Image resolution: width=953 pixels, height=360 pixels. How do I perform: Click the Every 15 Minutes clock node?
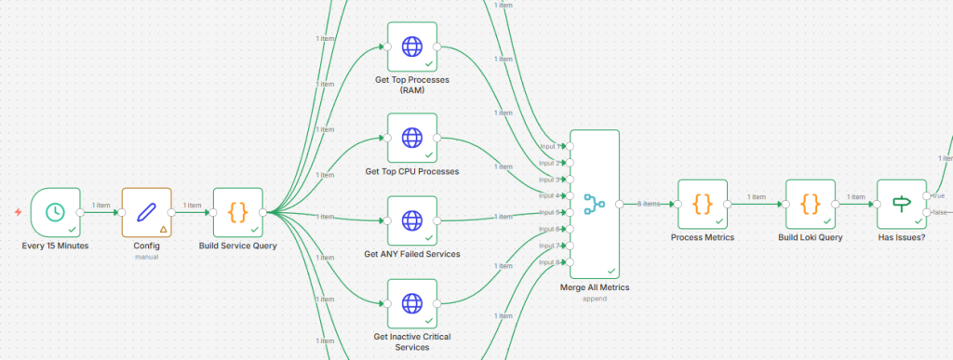pyautogui.click(x=55, y=212)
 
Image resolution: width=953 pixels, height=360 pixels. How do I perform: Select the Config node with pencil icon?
pyautogui.click(x=146, y=212)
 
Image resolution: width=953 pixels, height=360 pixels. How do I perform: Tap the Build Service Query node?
pyautogui.click(x=238, y=212)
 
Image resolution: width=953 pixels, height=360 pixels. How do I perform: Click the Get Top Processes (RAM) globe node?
pyautogui.click(x=411, y=45)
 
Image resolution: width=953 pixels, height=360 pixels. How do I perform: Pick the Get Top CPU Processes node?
pyautogui.click(x=411, y=138)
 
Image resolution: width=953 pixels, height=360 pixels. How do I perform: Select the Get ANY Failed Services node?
pyautogui.click(x=411, y=221)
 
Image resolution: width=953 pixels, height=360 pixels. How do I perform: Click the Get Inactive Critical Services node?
pyautogui.click(x=411, y=303)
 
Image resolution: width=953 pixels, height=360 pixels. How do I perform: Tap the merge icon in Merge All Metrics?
pyautogui.click(x=594, y=203)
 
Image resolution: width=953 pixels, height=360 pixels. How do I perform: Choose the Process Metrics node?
pyautogui.click(x=703, y=203)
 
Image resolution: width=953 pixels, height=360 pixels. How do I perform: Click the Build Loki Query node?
pyautogui.click(x=810, y=203)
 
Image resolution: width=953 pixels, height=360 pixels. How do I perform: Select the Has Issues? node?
pyautogui.click(x=902, y=203)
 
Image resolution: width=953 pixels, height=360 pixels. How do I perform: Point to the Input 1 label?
pyautogui.click(x=550, y=146)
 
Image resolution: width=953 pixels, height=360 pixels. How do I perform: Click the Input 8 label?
pyautogui.click(x=550, y=262)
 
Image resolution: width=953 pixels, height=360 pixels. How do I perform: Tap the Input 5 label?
pyautogui.click(x=550, y=213)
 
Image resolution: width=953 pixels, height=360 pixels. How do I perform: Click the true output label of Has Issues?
pyautogui.click(x=937, y=195)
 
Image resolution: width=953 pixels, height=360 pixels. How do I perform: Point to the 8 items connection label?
pyautogui.click(x=648, y=204)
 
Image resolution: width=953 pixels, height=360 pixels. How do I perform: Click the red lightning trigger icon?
pyautogui.click(x=18, y=212)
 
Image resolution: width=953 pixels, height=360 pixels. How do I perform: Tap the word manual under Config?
pyautogui.click(x=146, y=257)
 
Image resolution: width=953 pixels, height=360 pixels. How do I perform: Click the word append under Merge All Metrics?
pyautogui.click(x=594, y=299)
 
